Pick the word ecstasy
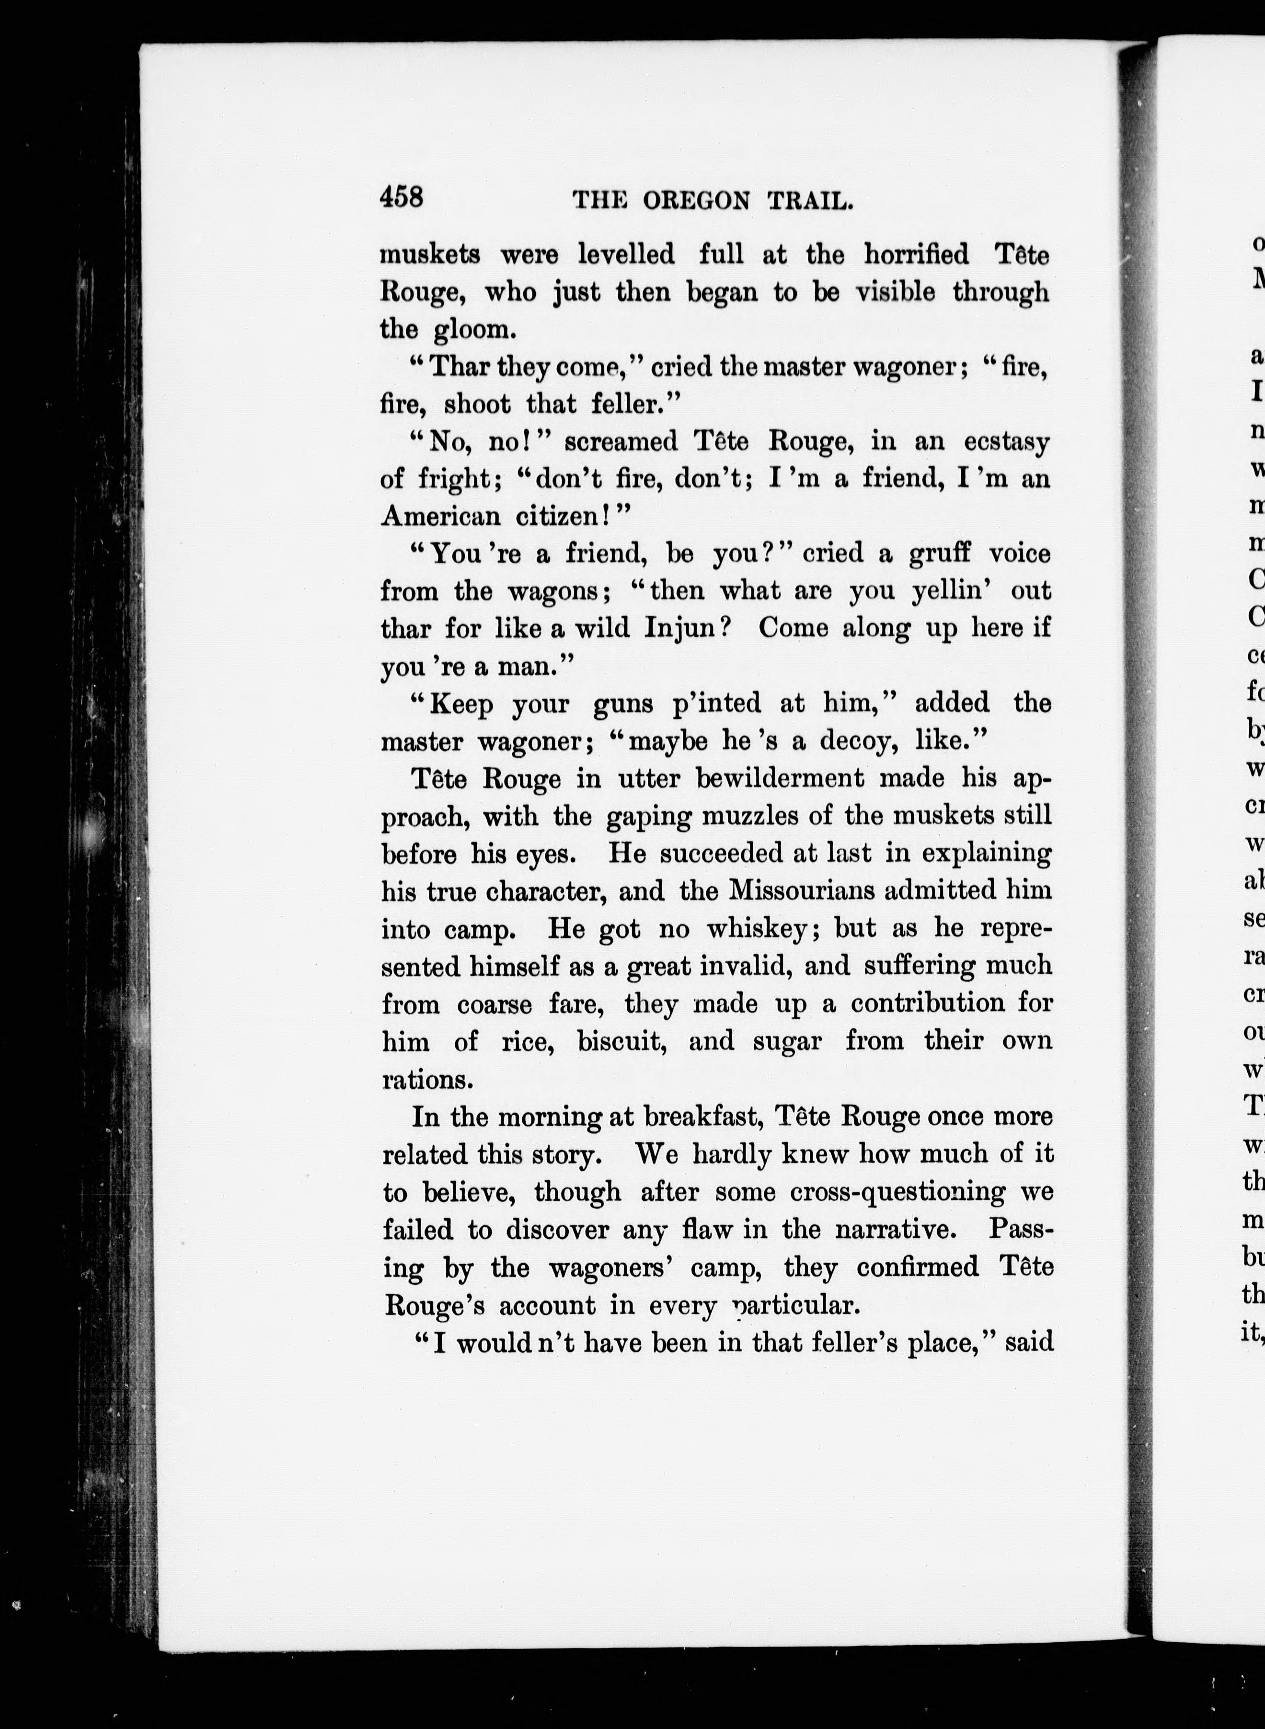tap(1007, 443)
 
